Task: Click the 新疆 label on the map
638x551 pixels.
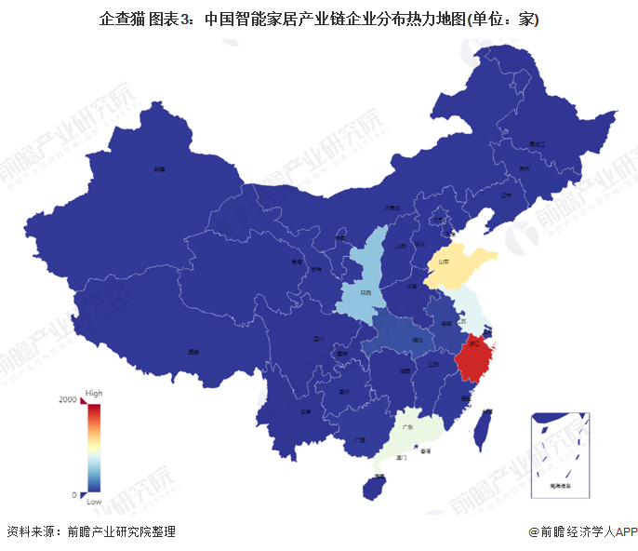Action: (x=160, y=169)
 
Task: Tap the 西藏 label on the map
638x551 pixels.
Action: (x=193, y=353)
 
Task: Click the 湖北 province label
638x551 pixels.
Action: (x=417, y=341)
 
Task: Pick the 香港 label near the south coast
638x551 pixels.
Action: (x=425, y=450)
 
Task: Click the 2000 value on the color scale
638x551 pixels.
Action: (x=68, y=400)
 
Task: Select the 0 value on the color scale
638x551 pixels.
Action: (x=73, y=494)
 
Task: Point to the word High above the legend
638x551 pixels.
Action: (x=94, y=393)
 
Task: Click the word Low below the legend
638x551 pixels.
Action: (x=94, y=502)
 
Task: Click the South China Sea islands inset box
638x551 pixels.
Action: (x=560, y=451)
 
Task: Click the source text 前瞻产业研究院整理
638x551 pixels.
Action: (x=120, y=531)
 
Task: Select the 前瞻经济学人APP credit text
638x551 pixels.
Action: (x=584, y=531)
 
